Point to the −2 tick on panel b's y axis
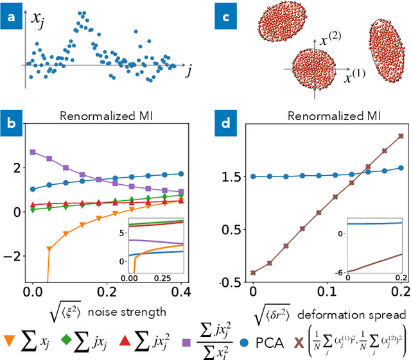click(15, 256)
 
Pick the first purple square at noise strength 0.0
click(33, 152)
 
